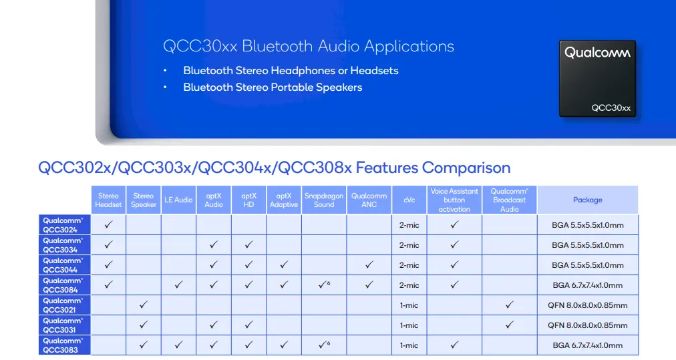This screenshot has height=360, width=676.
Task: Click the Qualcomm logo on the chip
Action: (x=597, y=52)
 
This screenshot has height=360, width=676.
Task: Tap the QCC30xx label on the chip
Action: (x=611, y=108)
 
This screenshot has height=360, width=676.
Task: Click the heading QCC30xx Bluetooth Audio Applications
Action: (x=309, y=46)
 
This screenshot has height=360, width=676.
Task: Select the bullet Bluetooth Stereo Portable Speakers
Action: (x=273, y=87)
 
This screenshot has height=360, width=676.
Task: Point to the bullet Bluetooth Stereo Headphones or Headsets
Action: (x=291, y=70)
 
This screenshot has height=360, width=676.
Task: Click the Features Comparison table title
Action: (x=274, y=168)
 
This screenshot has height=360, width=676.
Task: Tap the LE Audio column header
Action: (x=178, y=200)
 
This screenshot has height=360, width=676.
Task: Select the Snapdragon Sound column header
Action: (x=324, y=200)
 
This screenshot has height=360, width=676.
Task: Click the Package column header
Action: (x=587, y=200)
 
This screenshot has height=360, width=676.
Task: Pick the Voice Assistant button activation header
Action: (x=454, y=200)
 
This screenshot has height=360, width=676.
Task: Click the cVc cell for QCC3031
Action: (x=409, y=325)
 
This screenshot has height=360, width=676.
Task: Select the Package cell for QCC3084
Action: (x=587, y=285)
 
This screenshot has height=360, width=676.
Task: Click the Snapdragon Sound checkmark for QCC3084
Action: (x=323, y=285)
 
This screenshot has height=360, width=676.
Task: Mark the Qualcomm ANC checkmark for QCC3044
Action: (x=369, y=265)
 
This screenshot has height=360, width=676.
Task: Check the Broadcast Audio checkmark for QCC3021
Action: (x=509, y=305)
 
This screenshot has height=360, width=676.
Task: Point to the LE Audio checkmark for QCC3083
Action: (x=178, y=345)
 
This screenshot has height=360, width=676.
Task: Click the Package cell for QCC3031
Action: (x=587, y=325)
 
